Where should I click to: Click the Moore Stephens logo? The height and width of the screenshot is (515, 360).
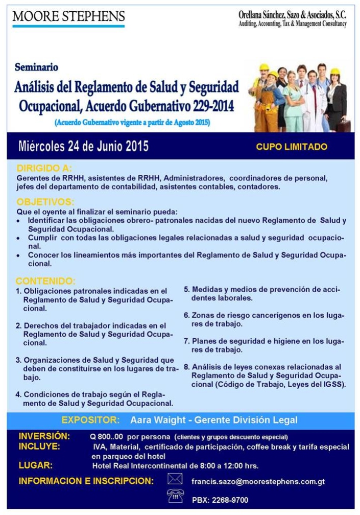(68, 17)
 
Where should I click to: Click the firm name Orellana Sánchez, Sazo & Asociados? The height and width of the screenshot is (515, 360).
(293, 15)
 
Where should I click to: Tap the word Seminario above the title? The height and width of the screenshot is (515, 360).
(36, 67)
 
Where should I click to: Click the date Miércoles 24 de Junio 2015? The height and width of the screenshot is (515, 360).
(83, 147)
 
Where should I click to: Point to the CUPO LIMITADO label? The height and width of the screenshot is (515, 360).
(292, 147)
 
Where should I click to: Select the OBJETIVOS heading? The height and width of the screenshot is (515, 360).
(45, 202)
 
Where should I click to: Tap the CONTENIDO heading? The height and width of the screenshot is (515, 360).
(45, 281)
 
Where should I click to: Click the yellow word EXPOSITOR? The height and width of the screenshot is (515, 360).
(90, 420)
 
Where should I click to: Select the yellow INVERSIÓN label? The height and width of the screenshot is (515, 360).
(44, 436)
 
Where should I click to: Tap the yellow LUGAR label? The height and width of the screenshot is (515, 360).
(35, 465)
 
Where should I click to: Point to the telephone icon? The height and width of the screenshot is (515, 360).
(175, 496)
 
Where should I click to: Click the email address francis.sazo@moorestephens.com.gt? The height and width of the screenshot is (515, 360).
(258, 481)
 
